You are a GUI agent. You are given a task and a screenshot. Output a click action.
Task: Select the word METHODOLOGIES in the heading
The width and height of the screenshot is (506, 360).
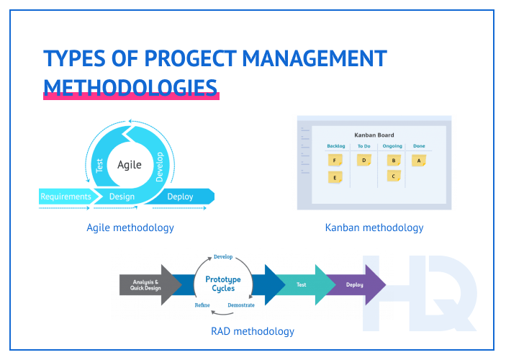click(130, 86)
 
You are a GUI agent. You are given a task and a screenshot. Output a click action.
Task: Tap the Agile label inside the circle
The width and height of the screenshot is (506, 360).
click(130, 164)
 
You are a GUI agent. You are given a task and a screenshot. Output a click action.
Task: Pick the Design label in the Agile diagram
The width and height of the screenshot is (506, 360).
click(122, 197)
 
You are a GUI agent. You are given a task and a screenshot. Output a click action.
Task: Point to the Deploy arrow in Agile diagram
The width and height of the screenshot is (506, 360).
click(180, 197)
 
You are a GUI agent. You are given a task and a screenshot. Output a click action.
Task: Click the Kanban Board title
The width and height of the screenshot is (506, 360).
click(374, 135)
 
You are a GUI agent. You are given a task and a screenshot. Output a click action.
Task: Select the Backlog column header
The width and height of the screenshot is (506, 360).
click(335, 146)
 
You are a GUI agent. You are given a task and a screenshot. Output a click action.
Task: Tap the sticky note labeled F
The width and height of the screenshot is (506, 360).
click(335, 161)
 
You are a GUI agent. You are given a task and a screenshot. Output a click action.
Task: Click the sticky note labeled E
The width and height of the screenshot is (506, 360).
click(335, 176)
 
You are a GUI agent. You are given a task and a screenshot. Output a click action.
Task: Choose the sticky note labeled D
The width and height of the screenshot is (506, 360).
click(364, 161)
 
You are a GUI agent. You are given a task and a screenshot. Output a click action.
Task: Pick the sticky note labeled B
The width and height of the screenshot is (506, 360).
click(393, 161)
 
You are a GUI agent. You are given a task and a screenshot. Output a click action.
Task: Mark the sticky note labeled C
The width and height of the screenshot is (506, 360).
click(393, 176)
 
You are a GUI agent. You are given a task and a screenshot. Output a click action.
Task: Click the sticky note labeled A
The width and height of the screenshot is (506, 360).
click(419, 161)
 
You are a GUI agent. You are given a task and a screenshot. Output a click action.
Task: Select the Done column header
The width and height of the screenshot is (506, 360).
click(419, 146)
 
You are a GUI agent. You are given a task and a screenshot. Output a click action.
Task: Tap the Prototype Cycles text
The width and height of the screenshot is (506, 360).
click(223, 284)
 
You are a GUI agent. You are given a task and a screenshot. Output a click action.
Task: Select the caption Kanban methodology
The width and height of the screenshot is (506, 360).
click(374, 228)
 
